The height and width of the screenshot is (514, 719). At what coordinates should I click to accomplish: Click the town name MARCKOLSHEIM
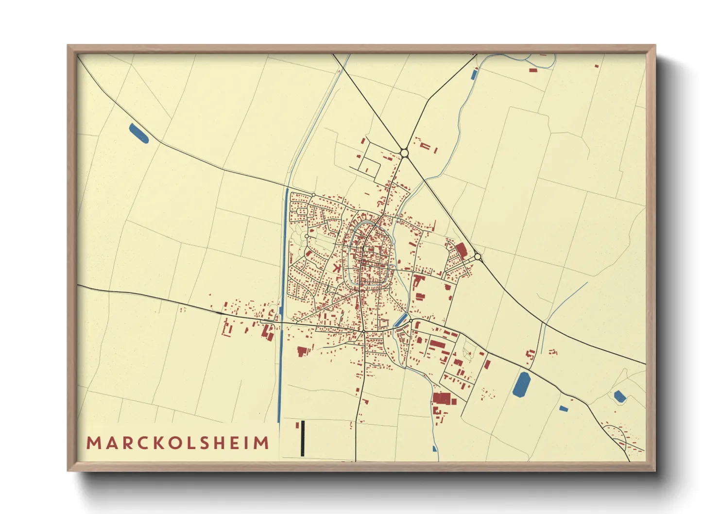point(178,443)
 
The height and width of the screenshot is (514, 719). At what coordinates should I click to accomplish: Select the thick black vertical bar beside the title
point(302,438)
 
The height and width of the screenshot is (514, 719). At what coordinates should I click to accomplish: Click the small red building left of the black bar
point(296,426)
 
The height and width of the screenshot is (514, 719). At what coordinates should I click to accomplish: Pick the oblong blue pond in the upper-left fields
point(138,134)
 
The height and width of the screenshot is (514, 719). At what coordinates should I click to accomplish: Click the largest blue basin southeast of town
point(522,384)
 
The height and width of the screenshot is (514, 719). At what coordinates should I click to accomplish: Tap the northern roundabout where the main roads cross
point(404,154)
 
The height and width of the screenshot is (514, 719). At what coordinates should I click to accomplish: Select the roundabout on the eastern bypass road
point(478,256)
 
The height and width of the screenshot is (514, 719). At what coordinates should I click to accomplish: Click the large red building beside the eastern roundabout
point(461,250)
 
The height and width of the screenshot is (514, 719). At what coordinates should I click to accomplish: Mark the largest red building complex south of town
point(442,398)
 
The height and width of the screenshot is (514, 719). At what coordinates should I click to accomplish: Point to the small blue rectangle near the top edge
point(474,75)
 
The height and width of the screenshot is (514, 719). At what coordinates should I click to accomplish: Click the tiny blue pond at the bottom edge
point(434,449)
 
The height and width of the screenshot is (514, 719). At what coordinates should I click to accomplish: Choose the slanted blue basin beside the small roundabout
point(401,320)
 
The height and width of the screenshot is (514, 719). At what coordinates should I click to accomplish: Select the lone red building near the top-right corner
point(596,66)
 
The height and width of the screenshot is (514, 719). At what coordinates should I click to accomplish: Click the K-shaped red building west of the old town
point(336,267)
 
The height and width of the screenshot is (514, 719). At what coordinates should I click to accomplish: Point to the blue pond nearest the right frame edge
point(619,396)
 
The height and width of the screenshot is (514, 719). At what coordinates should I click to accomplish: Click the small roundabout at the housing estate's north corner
point(313,195)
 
